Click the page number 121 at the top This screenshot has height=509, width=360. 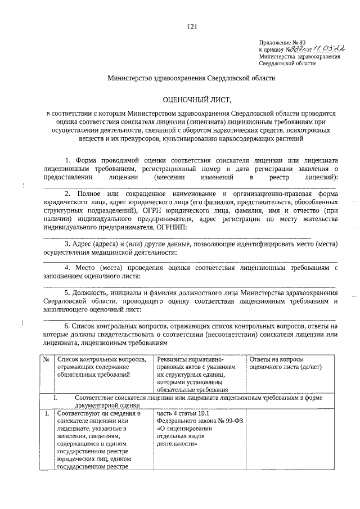(191, 26)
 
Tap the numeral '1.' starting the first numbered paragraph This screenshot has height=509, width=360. (68, 160)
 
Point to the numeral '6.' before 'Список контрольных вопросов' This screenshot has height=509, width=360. (67, 326)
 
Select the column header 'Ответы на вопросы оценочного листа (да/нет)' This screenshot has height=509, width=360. (277, 363)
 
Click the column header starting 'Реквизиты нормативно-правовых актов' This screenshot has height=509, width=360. (197, 374)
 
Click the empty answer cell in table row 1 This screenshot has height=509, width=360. (291, 439)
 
